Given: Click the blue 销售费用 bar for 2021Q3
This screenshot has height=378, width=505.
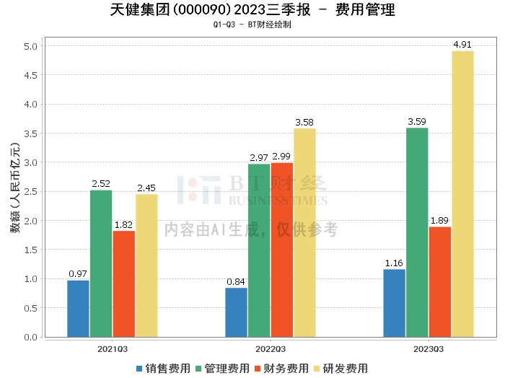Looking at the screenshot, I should click(x=78, y=309).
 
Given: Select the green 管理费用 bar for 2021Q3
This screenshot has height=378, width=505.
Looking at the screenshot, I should click(x=101, y=263).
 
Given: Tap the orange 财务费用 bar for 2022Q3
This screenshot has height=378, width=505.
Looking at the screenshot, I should click(x=281, y=250).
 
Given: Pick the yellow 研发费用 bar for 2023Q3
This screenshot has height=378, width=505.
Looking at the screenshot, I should click(x=462, y=194).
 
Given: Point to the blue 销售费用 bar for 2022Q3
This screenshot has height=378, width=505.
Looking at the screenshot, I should click(x=236, y=312).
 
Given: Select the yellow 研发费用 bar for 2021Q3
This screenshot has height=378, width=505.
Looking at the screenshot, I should click(x=146, y=265).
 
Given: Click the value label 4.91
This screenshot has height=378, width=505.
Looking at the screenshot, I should click(x=462, y=45).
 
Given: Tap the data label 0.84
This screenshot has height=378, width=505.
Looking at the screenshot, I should click(x=236, y=281).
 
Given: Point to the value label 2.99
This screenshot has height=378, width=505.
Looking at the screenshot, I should click(x=282, y=157).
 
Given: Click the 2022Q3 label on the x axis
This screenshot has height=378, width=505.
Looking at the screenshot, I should click(x=259, y=348).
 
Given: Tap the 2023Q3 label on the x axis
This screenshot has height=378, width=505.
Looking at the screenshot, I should click(x=428, y=348).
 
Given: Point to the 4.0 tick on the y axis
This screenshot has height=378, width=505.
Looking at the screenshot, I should click(x=31, y=105).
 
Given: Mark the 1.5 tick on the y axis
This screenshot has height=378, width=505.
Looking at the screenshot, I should click(x=31, y=250).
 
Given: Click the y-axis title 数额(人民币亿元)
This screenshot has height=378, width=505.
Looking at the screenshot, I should click(x=14, y=191).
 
